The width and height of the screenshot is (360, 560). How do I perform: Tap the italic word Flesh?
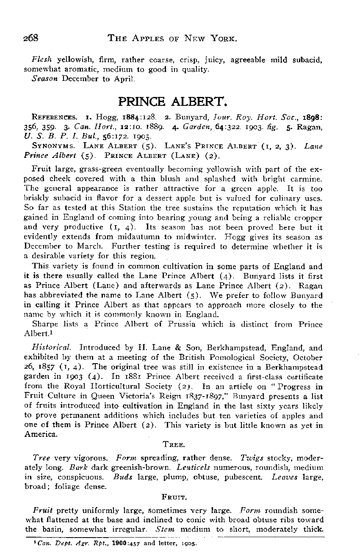41,60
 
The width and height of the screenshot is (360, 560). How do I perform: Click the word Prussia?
194,325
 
